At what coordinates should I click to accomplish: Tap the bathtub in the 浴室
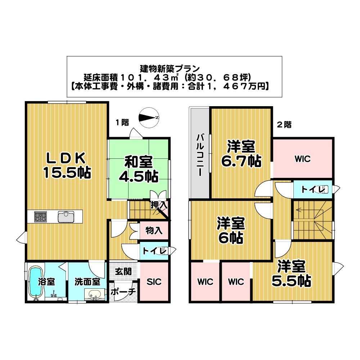click(36, 282)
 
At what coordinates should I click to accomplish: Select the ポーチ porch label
click(123, 292)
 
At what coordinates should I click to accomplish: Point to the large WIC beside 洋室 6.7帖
click(302, 159)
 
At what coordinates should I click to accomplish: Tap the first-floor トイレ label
click(154, 251)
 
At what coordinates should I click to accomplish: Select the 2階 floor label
click(284, 125)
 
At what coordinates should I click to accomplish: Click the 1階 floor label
click(122, 122)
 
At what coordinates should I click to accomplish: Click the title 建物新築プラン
click(174, 68)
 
